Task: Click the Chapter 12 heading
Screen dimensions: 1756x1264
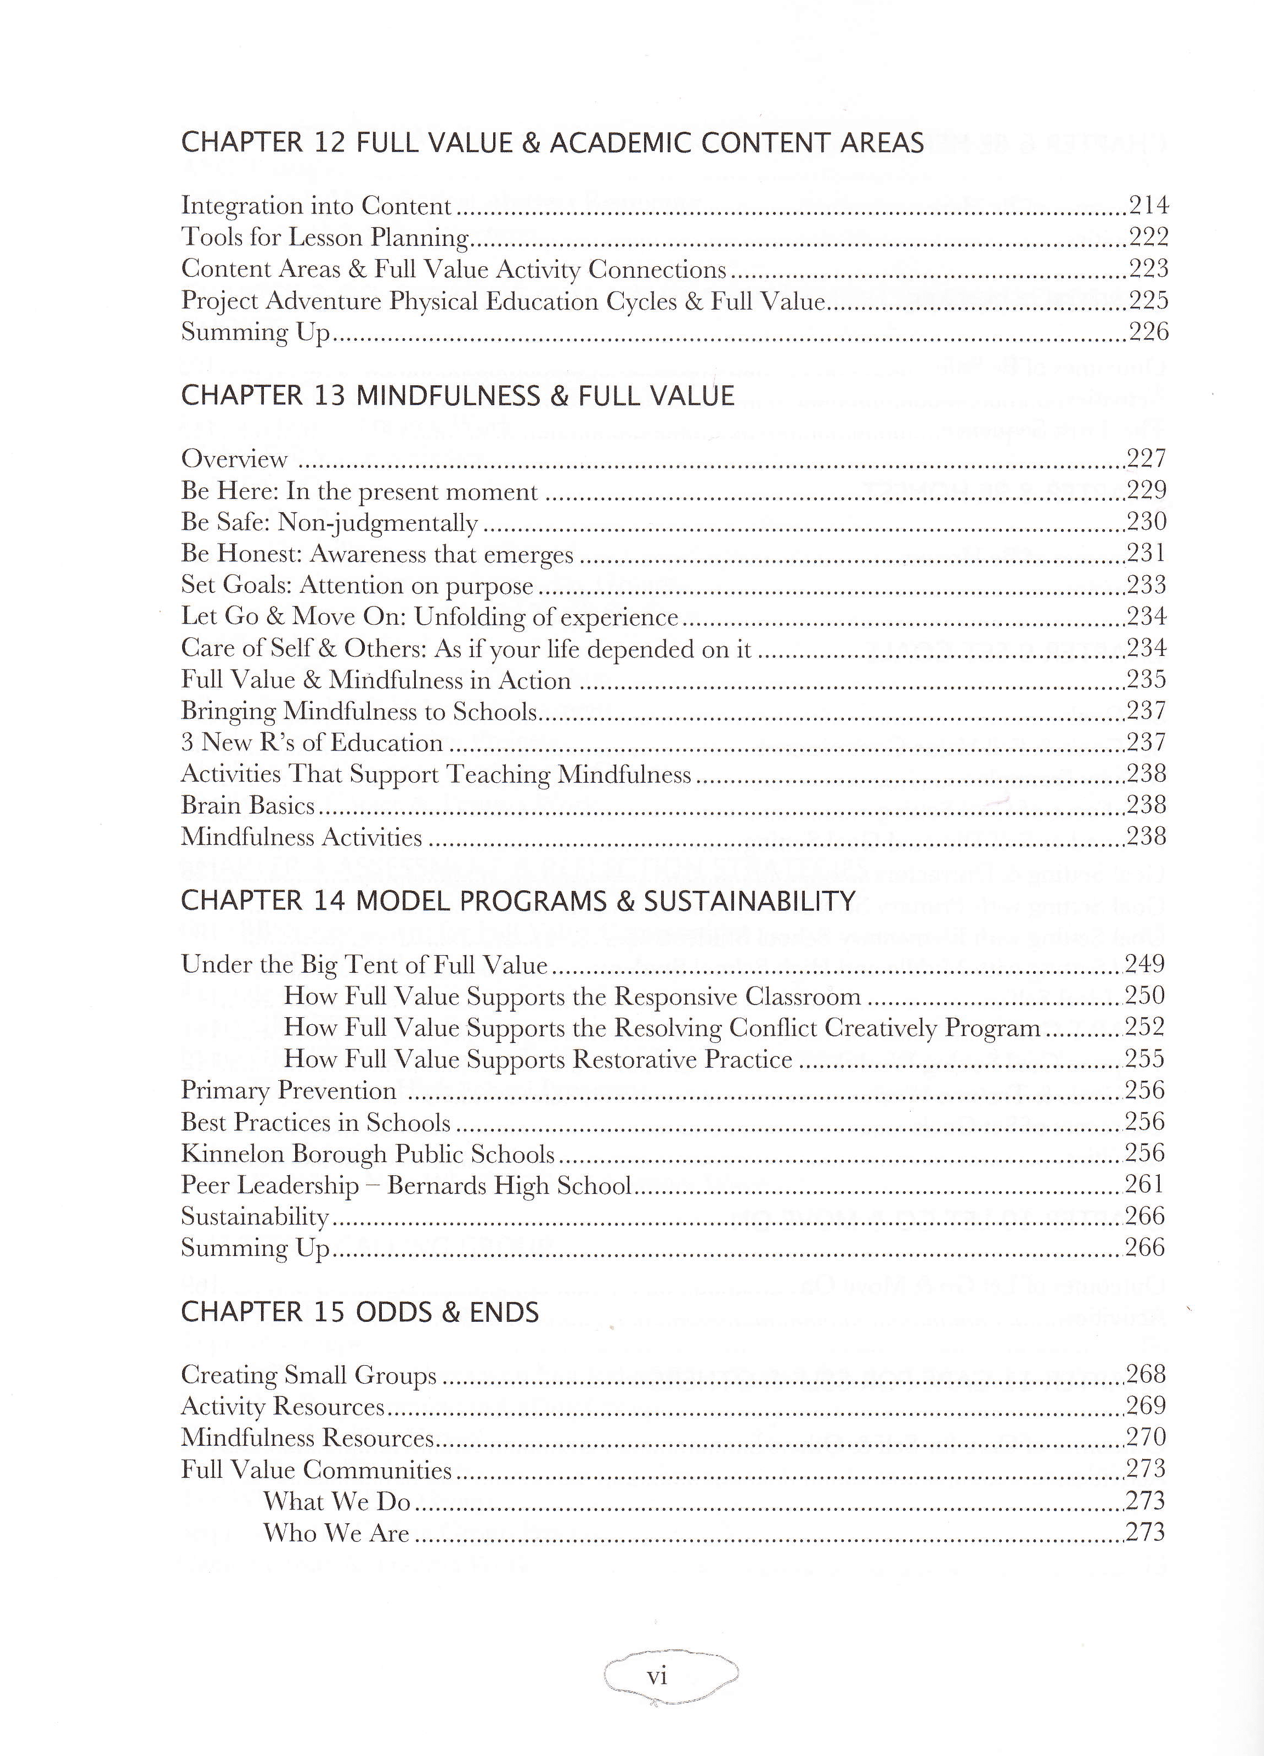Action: coord(552,143)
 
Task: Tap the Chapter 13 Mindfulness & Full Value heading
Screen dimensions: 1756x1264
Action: coord(456,396)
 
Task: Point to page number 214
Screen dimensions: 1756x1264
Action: coord(1148,205)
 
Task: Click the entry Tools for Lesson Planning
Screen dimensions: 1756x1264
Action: coord(326,237)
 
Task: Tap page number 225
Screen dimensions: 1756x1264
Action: coord(1148,300)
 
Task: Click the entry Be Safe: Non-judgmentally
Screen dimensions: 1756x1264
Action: coord(330,523)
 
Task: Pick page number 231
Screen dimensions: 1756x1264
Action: coord(1147,554)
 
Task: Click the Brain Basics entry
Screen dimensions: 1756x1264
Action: coord(247,805)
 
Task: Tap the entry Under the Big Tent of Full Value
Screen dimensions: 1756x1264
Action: coord(364,964)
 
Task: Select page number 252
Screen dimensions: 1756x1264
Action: coord(1145,1028)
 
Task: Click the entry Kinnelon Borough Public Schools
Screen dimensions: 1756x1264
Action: coord(368,1154)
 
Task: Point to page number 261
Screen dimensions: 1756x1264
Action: coord(1145,1185)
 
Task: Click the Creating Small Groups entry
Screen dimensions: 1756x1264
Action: coord(309,1376)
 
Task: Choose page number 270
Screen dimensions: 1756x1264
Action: coord(1145,1438)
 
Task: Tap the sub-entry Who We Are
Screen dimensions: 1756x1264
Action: coord(336,1533)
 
